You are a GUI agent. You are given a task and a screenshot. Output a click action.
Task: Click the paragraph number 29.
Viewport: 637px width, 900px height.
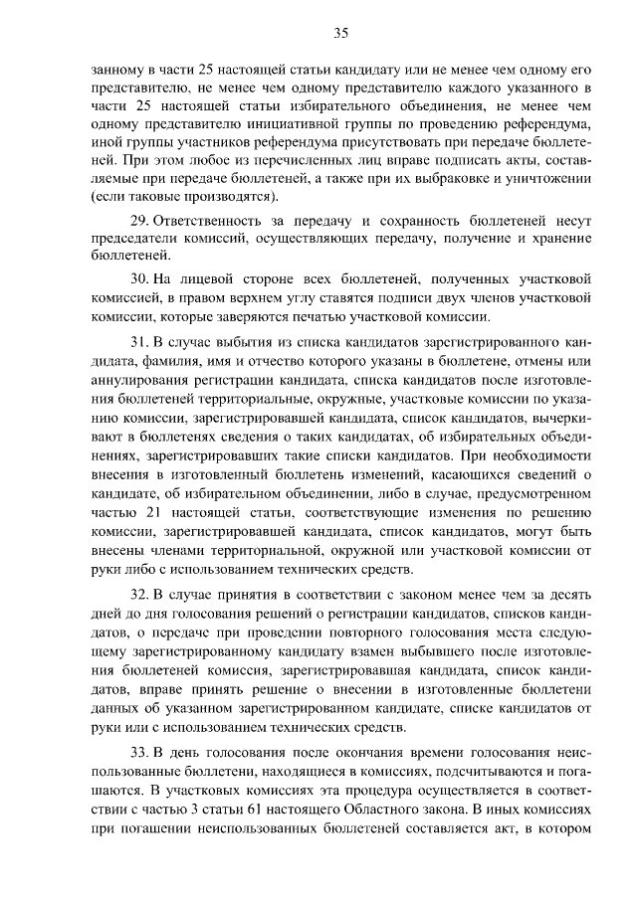139,219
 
